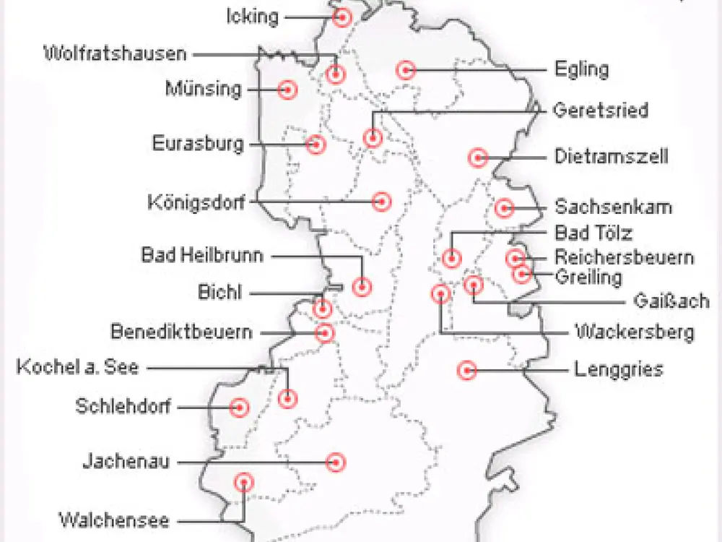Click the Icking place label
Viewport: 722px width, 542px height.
[x=253, y=16]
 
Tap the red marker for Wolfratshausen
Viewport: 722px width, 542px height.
[x=335, y=74]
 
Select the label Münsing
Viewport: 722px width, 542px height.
[x=203, y=89]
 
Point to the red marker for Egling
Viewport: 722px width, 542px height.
[x=406, y=70]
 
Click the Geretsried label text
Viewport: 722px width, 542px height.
[x=601, y=111]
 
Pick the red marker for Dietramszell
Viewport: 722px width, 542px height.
[x=477, y=157]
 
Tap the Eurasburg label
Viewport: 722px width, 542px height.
[x=198, y=143]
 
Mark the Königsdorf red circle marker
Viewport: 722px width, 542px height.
[x=381, y=202]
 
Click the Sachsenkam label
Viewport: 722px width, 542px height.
[x=613, y=207]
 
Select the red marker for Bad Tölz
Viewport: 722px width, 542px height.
[x=452, y=257]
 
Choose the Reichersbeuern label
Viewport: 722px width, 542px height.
[x=624, y=257]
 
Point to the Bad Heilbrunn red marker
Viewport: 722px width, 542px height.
[x=362, y=287]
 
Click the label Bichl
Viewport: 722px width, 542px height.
[x=220, y=293]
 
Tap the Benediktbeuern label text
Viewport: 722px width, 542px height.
[x=182, y=332]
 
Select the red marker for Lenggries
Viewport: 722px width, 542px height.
[x=466, y=370]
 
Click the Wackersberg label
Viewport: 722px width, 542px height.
[x=634, y=332]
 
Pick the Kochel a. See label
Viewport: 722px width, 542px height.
[x=77, y=368]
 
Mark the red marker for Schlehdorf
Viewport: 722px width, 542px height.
[x=239, y=407]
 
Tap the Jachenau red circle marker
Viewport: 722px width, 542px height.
[x=334, y=461]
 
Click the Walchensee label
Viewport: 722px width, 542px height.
[x=113, y=520]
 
